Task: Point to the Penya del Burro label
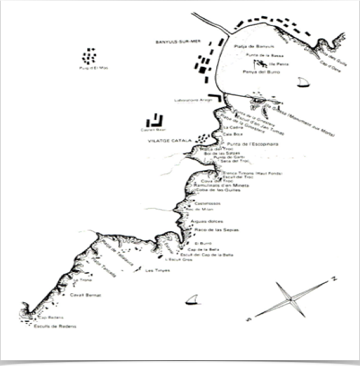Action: pos(260,73)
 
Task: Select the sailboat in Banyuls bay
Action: pos(302,82)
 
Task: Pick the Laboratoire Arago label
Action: pos(189,101)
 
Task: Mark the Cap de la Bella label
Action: pos(201,249)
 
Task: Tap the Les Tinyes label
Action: pos(157,271)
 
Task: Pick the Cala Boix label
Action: pos(232,134)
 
